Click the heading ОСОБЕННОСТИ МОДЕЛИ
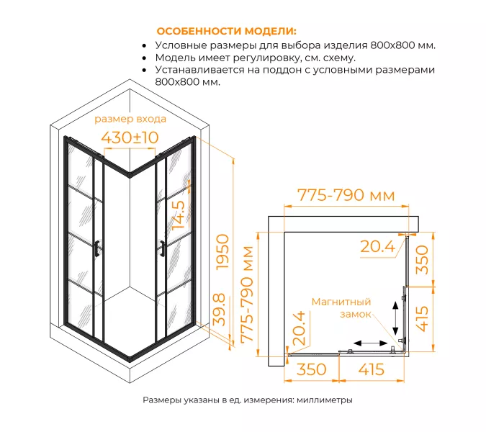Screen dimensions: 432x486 click(226, 32)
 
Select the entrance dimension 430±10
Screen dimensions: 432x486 click(130, 137)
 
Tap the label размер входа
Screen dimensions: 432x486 click(130, 119)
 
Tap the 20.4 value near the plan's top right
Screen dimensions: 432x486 click(377, 247)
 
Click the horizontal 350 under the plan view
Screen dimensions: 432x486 click(311, 369)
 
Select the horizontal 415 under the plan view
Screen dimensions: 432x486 click(369, 369)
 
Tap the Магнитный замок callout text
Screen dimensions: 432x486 click(341, 308)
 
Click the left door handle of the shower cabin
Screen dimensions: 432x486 click(96, 246)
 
